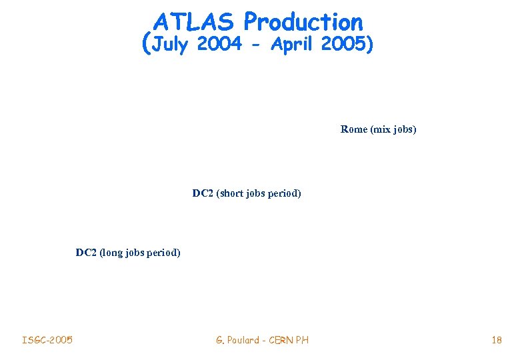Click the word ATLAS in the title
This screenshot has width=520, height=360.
(x=194, y=22)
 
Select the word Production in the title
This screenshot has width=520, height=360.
(x=303, y=22)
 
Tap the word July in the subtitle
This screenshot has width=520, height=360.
(x=172, y=45)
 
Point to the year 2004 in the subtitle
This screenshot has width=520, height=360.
(x=219, y=45)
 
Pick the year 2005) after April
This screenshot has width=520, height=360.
(x=347, y=45)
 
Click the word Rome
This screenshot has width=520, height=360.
(x=353, y=129)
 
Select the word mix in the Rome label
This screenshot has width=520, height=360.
(x=380, y=129)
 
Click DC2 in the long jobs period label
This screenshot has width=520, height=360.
(x=86, y=253)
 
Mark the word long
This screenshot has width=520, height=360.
(x=112, y=253)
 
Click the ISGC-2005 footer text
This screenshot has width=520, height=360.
(x=47, y=341)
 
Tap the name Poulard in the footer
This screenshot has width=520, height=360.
(x=243, y=341)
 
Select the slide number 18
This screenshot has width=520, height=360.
(x=496, y=341)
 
